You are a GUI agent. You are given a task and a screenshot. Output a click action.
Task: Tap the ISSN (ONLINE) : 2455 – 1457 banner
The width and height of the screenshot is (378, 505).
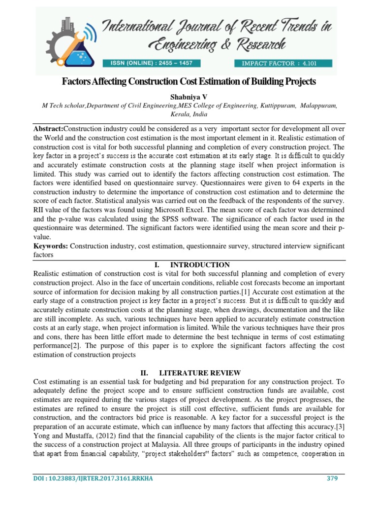(150, 63)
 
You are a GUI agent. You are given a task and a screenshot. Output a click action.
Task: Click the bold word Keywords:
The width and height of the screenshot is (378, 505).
(51, 246)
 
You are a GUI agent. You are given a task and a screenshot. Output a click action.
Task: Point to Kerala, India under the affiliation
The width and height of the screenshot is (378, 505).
(189, 114)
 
